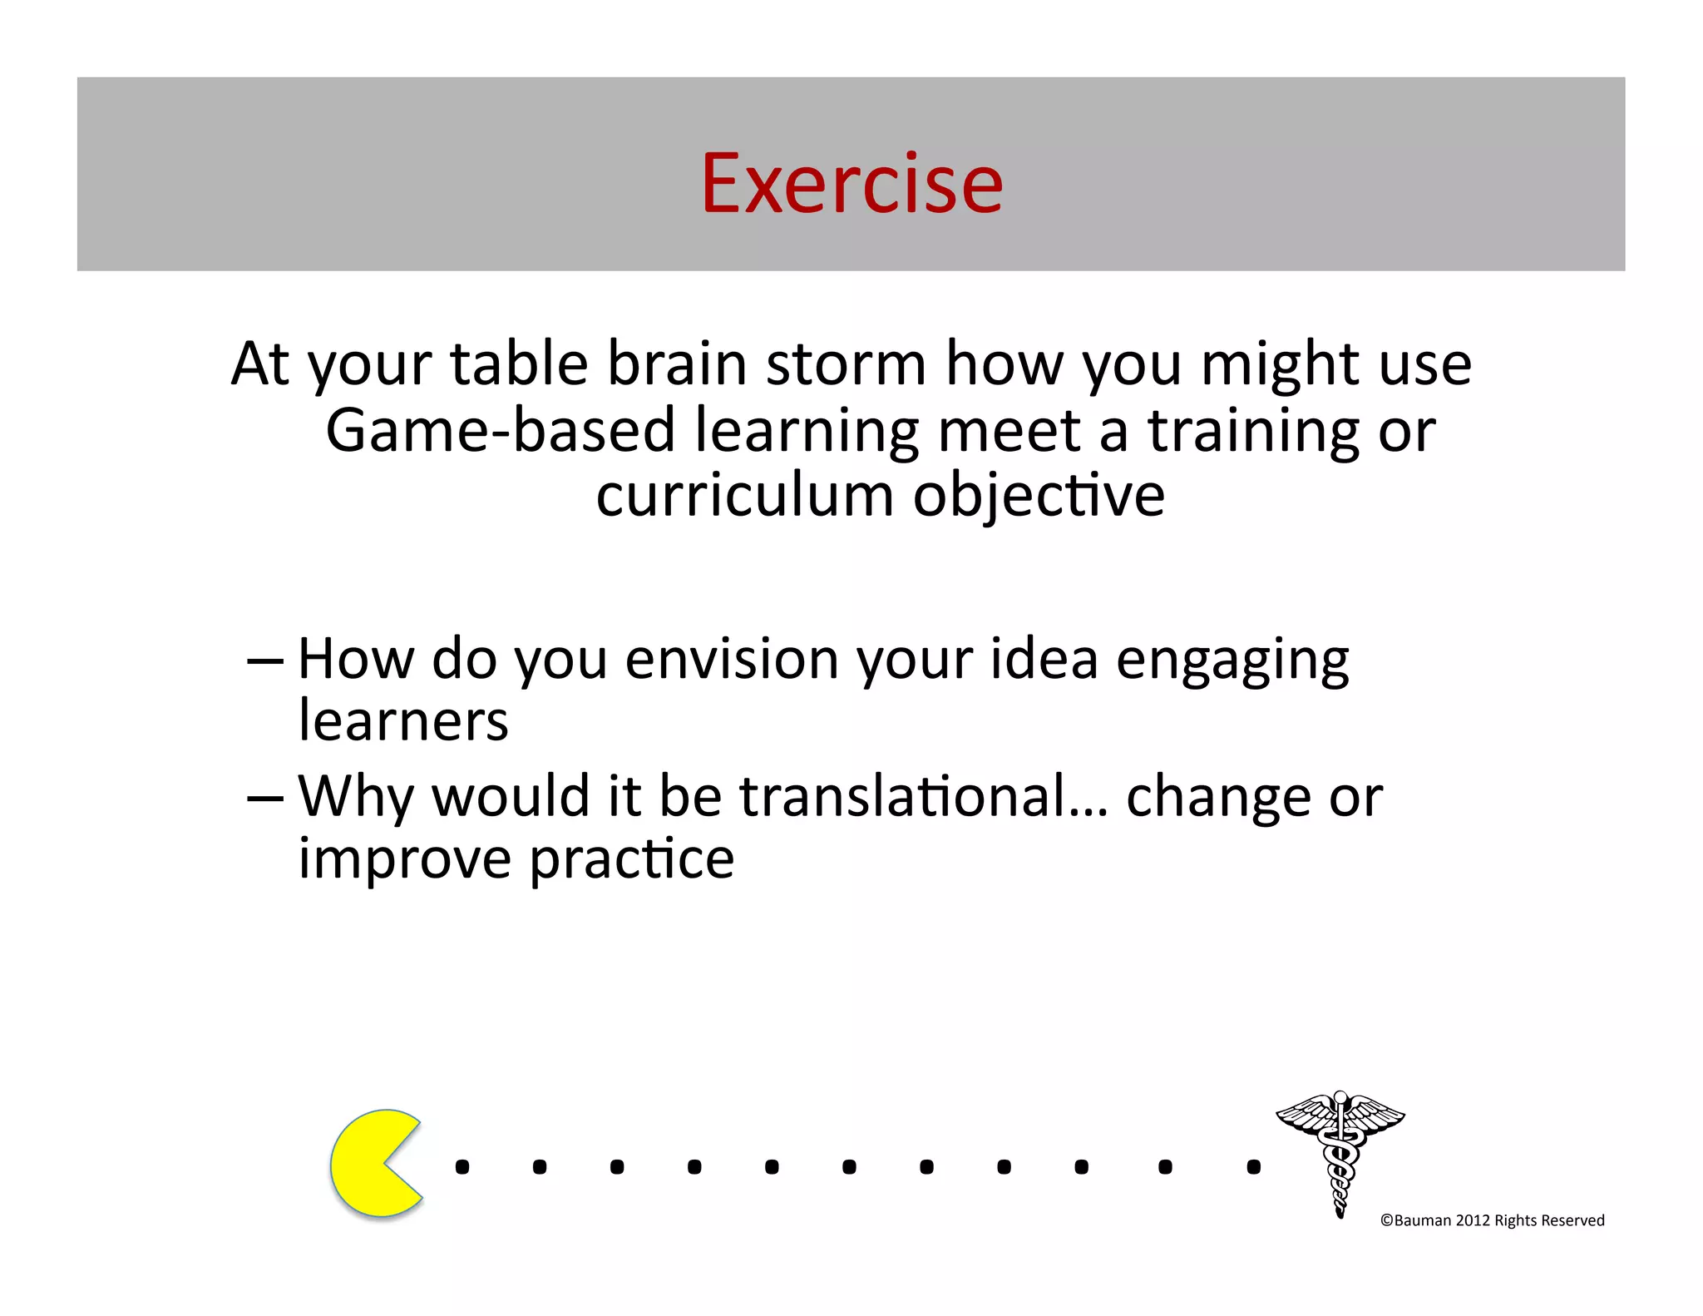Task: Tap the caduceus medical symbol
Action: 1340,1152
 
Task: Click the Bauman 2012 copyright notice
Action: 1492,1220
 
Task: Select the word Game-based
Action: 500,431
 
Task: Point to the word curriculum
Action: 744,496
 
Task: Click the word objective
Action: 1039,497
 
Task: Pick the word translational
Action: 924,796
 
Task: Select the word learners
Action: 403,720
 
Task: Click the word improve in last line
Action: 405,860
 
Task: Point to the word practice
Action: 632,860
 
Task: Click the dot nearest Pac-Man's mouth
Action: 462,1167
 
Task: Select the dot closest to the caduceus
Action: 1253,1167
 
